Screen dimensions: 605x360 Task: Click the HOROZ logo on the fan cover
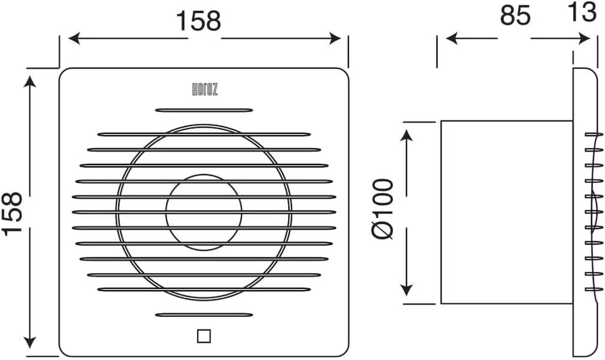(205, 90)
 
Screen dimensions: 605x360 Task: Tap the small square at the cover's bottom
(204, 336)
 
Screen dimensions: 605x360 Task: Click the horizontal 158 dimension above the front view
(199, 21)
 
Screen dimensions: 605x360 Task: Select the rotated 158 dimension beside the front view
(12, 214)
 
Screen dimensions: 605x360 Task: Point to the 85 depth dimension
(515, 15)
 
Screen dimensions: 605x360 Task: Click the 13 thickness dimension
(582, 12)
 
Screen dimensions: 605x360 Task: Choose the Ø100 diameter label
(383, 209)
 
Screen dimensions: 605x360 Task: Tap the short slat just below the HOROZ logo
(204, 110)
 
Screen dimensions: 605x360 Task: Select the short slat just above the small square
(204, 315)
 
